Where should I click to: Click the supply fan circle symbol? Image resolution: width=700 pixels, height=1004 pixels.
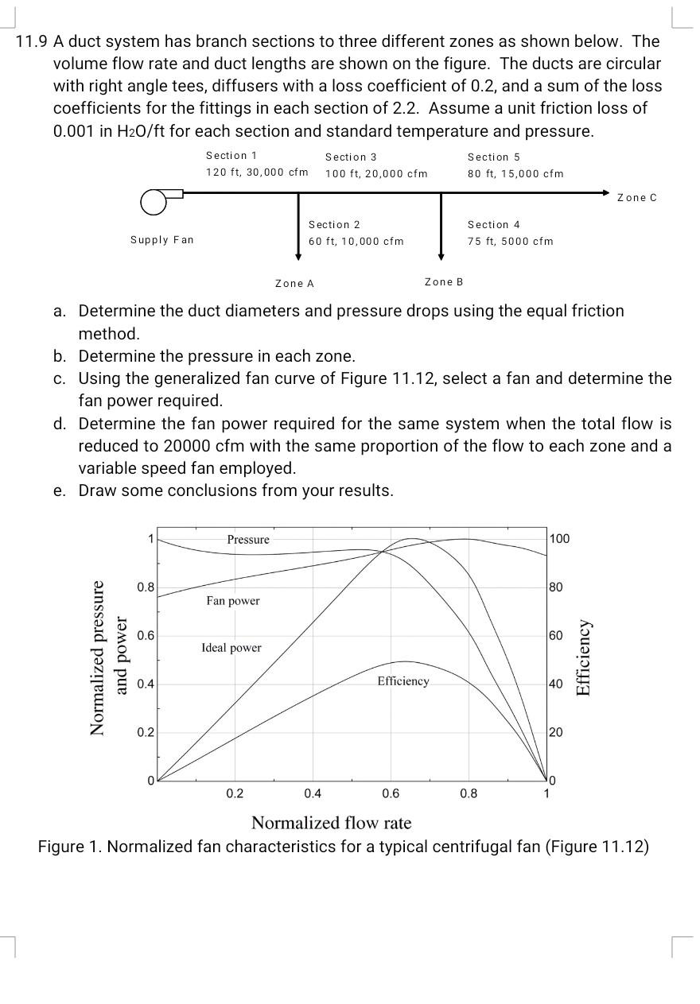coord(154,203)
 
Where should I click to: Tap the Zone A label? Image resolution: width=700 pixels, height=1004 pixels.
coord(294,283)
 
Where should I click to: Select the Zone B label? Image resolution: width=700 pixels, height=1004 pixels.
coord(444,281)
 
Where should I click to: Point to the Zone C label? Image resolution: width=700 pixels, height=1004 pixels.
coord(637,197)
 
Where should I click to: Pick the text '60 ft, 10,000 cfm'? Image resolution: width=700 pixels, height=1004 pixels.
coord(356,241)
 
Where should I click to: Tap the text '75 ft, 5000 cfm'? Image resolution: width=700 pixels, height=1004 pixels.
coord(510,241)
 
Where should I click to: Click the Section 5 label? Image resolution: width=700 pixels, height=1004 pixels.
coord(493,157)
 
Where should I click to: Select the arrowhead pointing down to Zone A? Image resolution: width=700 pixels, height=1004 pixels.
coord(298,256)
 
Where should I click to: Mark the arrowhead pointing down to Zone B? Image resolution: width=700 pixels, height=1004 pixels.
coord(441,256)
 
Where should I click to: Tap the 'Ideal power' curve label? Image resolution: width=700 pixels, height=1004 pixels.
coord(231,648)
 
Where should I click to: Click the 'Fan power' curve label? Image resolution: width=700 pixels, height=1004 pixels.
coord(232,601)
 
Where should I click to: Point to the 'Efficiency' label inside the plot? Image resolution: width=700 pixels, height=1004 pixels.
coord(402,681)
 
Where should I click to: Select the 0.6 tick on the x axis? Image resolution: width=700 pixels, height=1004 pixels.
coord(391,793)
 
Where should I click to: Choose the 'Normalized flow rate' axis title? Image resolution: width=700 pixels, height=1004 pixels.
coord(331,822)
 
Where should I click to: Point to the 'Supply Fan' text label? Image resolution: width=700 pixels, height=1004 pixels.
coord(162,239)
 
